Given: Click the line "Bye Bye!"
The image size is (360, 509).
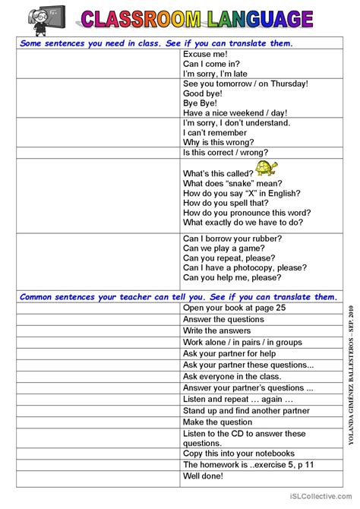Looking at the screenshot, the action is (201, 103).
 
